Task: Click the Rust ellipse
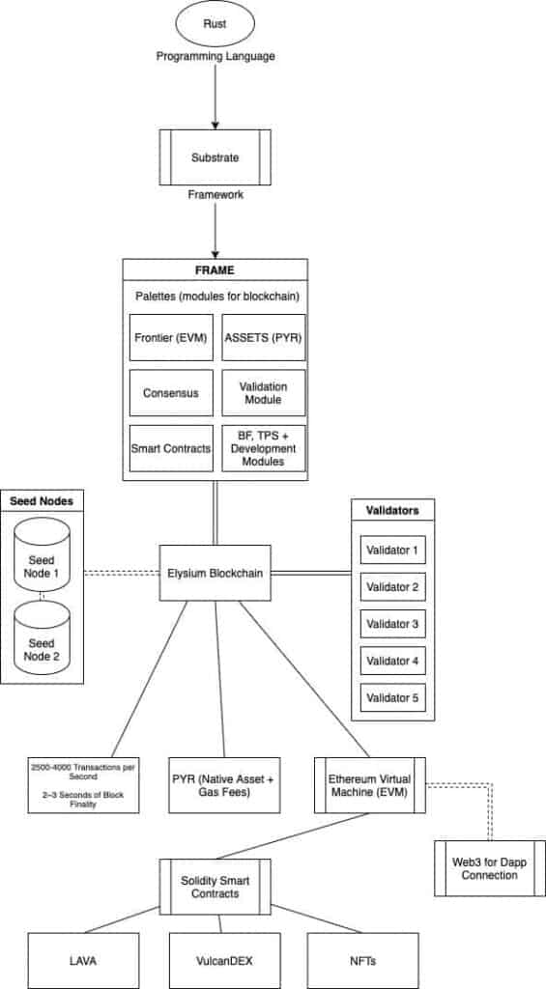pos(216,24)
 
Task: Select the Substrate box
pos(216,157)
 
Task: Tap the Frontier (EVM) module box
pos(171,337)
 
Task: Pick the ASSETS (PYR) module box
pos(264,337)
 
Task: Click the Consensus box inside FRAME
pos(171,393)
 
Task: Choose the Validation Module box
pos(264,393)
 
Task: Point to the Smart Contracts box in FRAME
pos(171,448)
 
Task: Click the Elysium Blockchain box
pos(216,573)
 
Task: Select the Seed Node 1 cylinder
pos(43,555)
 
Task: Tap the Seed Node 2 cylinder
pos(43,637)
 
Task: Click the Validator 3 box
pos(392,624)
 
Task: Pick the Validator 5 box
pos(392,697)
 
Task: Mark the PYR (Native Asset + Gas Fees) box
pos(224,785)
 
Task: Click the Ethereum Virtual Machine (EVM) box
pos(370,785)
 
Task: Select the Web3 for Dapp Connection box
pos(490,868)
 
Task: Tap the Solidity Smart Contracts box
pos(216,887)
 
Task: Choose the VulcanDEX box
pos(224,961)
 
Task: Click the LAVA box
pos(83,961)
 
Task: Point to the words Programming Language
pos(216,57)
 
